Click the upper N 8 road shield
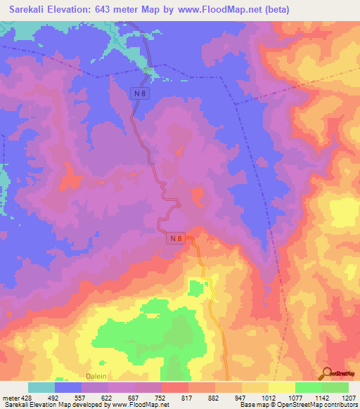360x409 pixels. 141,91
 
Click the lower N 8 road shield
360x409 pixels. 177,239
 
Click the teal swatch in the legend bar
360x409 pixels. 41,387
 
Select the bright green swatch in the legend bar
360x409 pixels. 308,387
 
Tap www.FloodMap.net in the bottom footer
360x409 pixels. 142,405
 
